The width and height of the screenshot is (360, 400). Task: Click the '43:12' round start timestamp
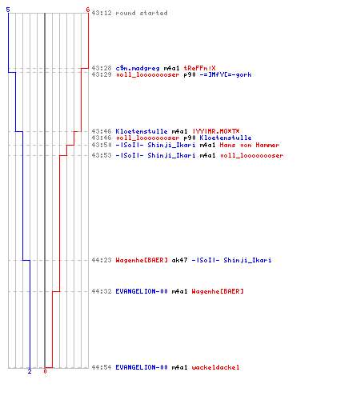(x=102, y=13)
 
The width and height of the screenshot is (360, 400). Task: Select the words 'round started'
(x=142, y=13)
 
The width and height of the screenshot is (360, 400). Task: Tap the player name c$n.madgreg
(x=138, y=68)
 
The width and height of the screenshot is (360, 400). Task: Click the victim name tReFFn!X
(x=200, y=68)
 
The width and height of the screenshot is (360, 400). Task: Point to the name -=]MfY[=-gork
(x=226, y=74)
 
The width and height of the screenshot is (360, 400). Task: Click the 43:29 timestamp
(x=102, y=74)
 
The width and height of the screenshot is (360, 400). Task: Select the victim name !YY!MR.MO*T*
(x=216, y=131)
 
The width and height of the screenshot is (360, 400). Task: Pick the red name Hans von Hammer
(x=250, y=145)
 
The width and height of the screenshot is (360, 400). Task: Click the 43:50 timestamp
(x=102, y=145)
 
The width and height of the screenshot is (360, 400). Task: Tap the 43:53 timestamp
(x=102, y=155)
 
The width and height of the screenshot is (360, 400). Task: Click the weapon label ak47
(x=179, y=260)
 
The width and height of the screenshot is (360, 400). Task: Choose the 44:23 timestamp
(x=102, y=260)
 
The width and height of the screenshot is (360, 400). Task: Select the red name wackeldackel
(x=215, y=367)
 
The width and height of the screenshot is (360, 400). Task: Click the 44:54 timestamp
(x=102, y=367)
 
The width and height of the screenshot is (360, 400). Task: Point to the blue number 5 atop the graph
(x=8, y=10)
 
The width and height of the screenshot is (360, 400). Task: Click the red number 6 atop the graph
(x=88, y=10)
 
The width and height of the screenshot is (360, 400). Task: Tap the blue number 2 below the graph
(x=30, y=371)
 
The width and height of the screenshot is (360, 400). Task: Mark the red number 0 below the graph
(x=45, y=371)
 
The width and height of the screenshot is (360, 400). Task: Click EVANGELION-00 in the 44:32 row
(x=142, y=291)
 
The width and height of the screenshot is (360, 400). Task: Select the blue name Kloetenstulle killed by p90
(x=226, y=138)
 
